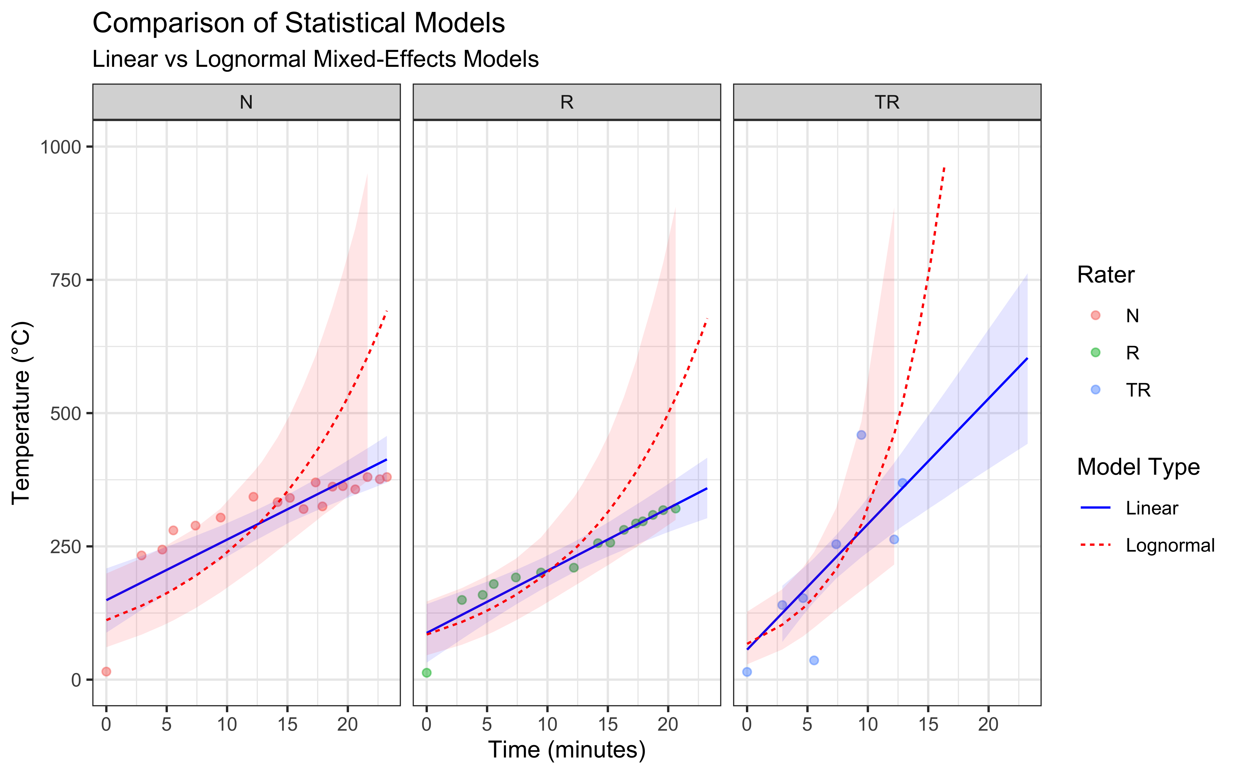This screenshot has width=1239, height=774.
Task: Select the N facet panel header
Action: tap(246, 102)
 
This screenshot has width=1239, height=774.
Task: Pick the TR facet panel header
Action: tap(887, 102)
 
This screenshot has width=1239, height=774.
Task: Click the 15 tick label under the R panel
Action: tap(608, 724)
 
